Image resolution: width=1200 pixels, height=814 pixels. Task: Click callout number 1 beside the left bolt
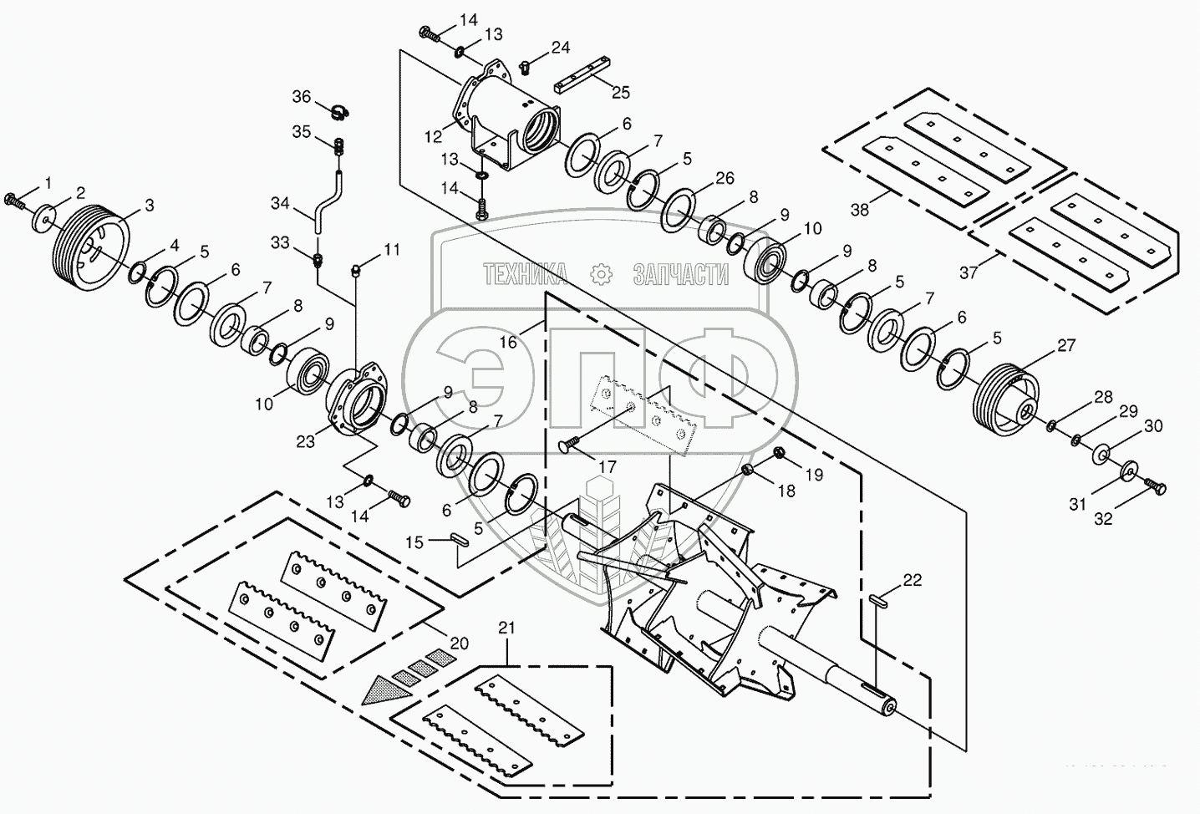47,182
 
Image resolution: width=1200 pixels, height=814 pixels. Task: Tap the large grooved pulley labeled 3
90,247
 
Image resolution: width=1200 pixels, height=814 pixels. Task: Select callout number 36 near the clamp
301,97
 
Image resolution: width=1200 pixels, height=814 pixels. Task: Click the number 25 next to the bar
621,93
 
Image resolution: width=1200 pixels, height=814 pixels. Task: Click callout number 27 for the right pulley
1066,345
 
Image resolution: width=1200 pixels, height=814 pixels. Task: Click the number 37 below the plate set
968,272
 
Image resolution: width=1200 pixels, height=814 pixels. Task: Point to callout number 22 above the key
912,579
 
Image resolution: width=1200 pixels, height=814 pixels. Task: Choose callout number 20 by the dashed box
459,644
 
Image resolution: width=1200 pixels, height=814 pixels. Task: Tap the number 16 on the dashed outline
509,342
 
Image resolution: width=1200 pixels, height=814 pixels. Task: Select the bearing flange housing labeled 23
355,402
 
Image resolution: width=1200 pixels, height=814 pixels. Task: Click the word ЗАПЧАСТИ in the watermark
680,274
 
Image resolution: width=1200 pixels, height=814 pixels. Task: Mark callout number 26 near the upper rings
724,178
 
